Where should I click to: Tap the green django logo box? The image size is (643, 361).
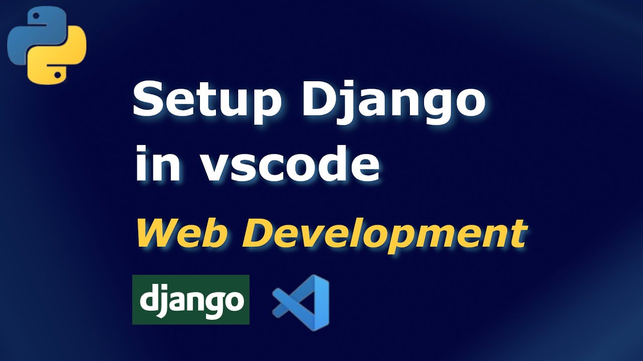(x=190, y=299)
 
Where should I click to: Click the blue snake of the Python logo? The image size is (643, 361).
(x=33, y=33)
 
